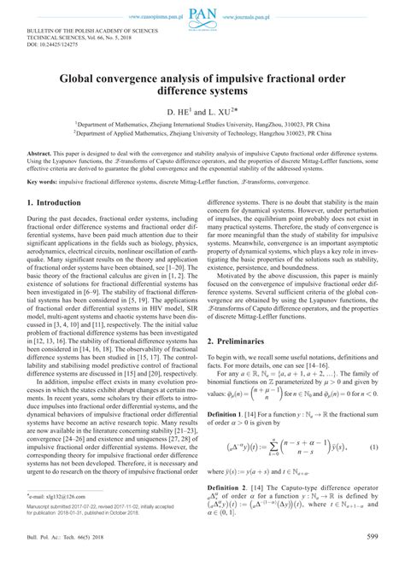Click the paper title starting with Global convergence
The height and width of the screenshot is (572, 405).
click(x=202, y=83)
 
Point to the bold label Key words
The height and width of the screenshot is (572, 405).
click(x=44, y=182)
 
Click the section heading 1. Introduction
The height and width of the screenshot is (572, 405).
click(x=62, y=203)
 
